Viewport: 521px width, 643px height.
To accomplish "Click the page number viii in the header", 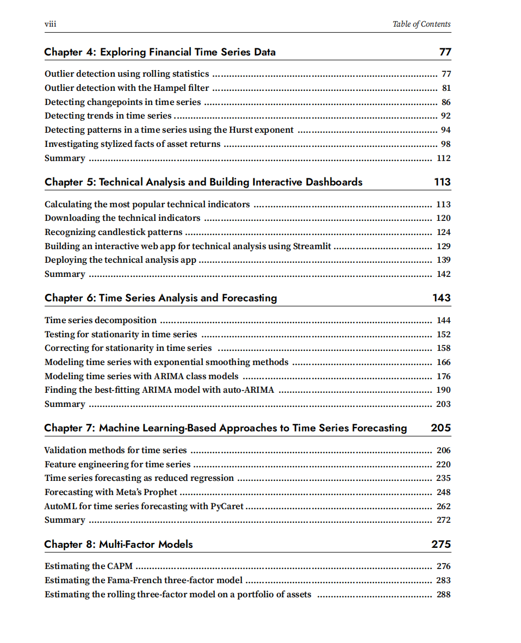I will tap(50, 24).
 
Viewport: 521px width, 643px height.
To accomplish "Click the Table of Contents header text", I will tap(421, 24).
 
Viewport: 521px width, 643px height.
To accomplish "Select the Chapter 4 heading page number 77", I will tap(445, 52).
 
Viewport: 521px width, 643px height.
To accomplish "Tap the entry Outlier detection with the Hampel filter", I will tap(127, 88).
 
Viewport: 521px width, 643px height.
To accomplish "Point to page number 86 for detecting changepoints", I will tap(446, 102).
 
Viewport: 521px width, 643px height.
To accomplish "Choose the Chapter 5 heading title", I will tap(203, 182).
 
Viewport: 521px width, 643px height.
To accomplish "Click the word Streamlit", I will tap(312, 246).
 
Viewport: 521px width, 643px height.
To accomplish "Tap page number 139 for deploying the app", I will tap(443, 260).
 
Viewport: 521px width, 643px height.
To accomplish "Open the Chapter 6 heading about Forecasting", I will tap(160, 298).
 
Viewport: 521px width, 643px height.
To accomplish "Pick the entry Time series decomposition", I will tap(101, 320).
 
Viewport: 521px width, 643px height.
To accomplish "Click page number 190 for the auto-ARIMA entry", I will tap(443, 390).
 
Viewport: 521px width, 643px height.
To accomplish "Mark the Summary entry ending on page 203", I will tap(65, 404).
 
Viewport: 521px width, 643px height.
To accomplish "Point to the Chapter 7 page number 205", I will tap(441, 428).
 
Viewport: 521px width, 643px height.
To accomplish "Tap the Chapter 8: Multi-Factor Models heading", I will tap(119, 545).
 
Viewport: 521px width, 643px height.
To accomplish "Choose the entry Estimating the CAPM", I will tap(89, 566).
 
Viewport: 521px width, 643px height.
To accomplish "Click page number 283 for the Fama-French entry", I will tap(443, 580).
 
